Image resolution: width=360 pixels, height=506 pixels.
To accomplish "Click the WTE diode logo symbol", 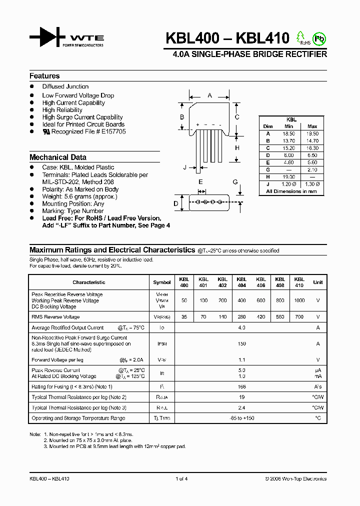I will (x=47, y=38).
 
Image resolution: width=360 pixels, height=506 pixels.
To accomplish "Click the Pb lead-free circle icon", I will (x=318, y=38).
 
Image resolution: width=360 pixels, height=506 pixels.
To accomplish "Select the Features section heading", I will (x=44, y=76).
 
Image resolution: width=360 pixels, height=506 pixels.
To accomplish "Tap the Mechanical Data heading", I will (x=58, y=157).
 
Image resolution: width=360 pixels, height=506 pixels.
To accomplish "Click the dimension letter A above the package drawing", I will (x=209, y=95).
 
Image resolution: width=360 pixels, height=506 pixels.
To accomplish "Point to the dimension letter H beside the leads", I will (x=237, y=148).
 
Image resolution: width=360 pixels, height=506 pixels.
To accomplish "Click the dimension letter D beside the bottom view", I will (x=176, y=203).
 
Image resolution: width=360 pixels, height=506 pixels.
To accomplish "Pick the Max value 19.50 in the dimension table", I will (x=312, y=134).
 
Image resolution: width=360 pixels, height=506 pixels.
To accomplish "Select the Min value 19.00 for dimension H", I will (x=289, y=177).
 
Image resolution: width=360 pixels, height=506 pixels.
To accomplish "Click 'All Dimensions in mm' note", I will (x=291, y=191).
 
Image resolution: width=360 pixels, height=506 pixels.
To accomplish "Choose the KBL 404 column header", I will (x=241, y=282).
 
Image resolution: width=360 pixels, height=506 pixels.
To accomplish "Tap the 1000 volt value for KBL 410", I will (x=299, y=301).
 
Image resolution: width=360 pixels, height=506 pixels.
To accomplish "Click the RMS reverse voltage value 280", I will (x=241, y=317).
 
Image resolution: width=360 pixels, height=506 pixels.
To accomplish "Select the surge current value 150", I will (x=241, y=344).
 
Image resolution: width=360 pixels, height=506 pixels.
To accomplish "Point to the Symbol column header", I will (x=162, y=282).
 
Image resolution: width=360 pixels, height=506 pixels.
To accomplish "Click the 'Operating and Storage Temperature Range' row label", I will (x=78, y=418).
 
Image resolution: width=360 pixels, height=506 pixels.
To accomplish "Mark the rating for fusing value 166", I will (x=241, y=386).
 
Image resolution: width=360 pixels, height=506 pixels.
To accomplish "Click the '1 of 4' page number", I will (x=181, y=478).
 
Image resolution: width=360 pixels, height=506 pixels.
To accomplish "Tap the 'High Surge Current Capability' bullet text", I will (x=82, y=117).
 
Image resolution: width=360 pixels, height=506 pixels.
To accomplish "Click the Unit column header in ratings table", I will (x=318, y=282).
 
